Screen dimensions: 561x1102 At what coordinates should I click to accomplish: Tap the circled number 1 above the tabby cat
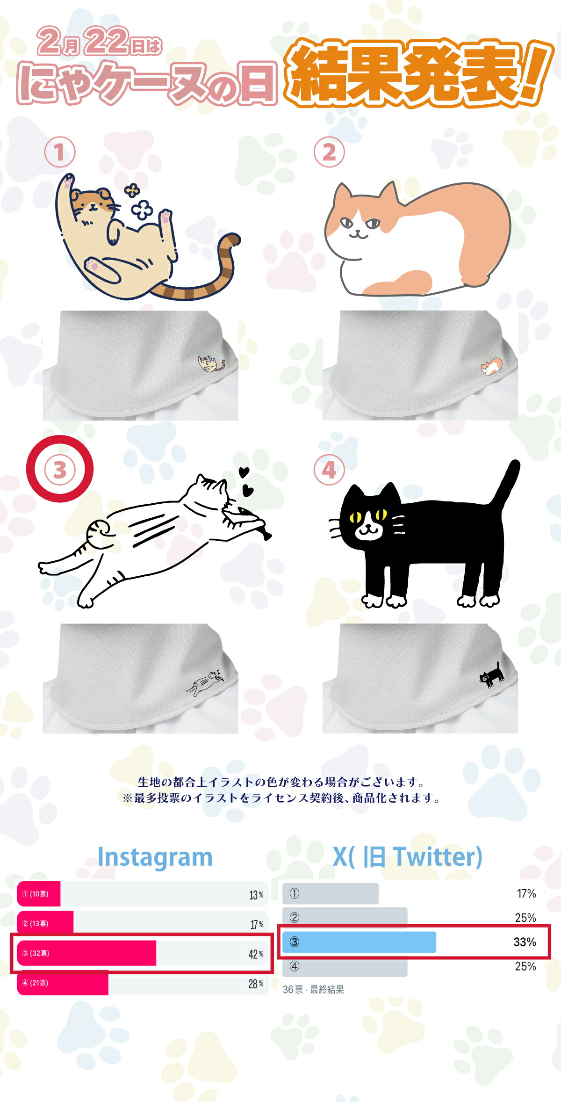tap(59, 152)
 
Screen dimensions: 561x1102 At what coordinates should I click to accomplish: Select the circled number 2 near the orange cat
tap(329, 152)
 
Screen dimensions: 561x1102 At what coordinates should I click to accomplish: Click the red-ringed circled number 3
tap(59, 470)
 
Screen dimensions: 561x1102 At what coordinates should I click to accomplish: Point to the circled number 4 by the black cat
tap(329, 470)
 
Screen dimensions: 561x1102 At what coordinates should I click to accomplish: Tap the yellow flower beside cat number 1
tap(132, 190)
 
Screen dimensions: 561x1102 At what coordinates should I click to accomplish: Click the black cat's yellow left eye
tap(355, 517)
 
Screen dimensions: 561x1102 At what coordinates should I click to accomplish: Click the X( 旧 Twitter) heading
tap(407, 857)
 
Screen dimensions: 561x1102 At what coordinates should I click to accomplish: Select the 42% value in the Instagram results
tap(256, 954)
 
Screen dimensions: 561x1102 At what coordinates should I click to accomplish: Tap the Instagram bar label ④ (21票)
tap(35, 983)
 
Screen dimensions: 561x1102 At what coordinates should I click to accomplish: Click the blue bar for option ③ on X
tap(359, 942)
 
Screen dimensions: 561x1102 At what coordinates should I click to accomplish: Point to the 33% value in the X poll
tap(525, 942)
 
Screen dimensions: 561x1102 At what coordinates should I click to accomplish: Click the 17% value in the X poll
tap(526, 893)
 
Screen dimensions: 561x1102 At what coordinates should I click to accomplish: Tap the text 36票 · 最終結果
tap(313, 989)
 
